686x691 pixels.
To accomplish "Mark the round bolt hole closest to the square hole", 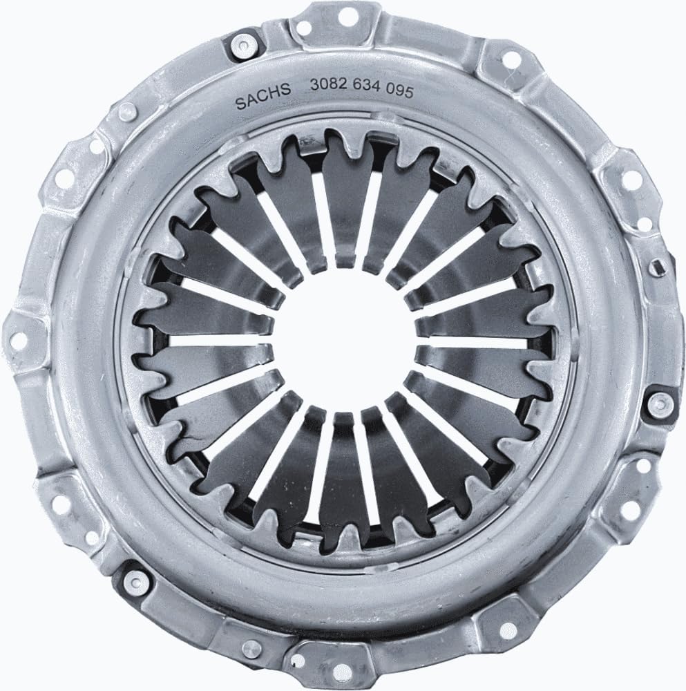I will pos(628,176).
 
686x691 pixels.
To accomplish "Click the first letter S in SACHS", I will pos(240,104).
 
